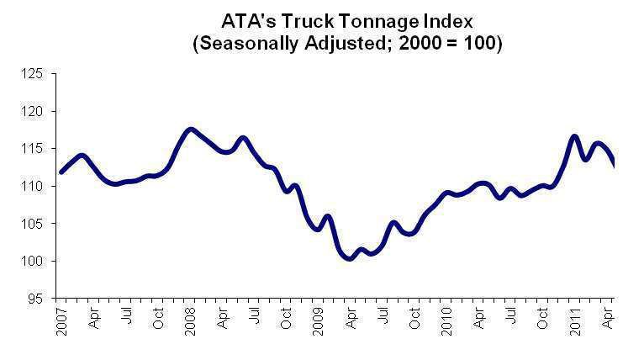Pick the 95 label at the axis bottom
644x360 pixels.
(x=34, y=299)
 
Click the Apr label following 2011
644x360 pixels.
(x=607, y=318)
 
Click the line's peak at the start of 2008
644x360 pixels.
(x=191, y=130)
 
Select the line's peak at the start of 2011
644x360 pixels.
(x=575, y=135)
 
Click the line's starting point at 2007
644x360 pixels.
(x=61, y=172)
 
